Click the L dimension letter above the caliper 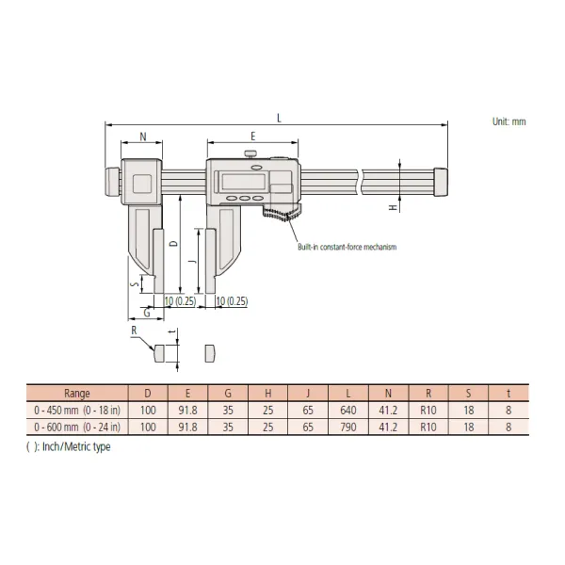coord(279,118)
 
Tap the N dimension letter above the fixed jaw coord(143,137)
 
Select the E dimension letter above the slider coord(253,137)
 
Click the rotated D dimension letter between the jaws coord(173,244)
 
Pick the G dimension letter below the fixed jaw coord(147,313)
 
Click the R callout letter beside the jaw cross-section coord(134,331)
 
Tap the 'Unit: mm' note coord(508,121)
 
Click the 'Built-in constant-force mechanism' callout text coord(347,247)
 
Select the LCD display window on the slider coord(244,181)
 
